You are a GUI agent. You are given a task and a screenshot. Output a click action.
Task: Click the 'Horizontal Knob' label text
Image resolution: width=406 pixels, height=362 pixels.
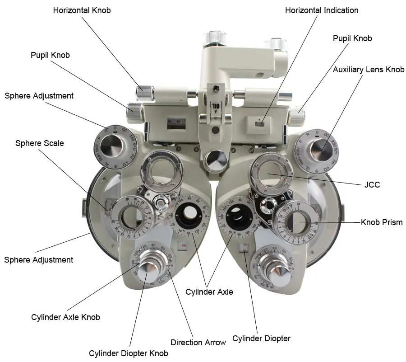[x=82, y=10]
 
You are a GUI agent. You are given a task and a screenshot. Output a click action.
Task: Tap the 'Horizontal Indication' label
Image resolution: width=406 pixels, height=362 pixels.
[x=322, y=10]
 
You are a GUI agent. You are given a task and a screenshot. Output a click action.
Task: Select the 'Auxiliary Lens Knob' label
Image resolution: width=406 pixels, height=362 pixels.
[x=369, y=70]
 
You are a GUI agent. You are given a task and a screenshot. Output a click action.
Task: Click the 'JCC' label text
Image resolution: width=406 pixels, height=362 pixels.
[x=372, y=185]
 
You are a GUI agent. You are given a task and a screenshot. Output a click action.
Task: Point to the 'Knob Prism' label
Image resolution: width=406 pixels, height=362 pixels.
[x=382, y=222]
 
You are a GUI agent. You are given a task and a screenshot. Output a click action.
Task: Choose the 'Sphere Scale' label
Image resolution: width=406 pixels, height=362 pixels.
[x=40, y=143]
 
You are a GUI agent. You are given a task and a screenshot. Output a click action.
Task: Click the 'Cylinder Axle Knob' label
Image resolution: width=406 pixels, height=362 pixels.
[x=65, y=317]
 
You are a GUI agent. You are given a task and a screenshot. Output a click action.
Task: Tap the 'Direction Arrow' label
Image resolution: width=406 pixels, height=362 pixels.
[x=198, y=343]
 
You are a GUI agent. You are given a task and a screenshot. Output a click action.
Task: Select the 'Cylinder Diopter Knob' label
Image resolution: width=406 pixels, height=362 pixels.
[x=129, y=353]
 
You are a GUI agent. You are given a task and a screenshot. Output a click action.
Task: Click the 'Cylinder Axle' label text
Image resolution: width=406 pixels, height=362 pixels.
[x=209, y=292]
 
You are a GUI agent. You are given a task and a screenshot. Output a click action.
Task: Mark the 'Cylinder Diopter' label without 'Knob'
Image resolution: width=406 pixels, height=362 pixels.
[x=261, y=338]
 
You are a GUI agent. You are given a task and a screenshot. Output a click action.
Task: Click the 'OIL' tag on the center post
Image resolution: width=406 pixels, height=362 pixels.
[x=216, y=108]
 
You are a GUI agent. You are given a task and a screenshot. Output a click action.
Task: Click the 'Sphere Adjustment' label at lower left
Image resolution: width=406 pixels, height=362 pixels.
[x=39, y=260]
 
